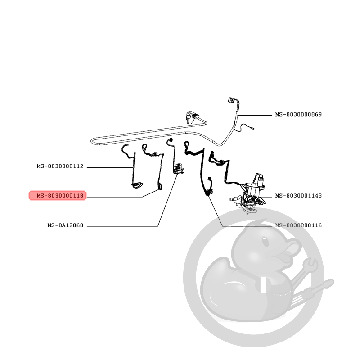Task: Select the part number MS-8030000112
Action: point(60,166)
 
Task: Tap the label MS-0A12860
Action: point(65,225)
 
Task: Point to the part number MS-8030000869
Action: point(298,114)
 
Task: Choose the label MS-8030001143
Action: point(298,196)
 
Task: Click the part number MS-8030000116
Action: point(298,225)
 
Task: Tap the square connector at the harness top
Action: point(230,100)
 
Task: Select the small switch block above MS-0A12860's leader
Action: point(178,169)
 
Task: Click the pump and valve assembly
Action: point(249,194)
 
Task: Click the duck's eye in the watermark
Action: point(265,242)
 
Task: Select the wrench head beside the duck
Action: point(310,265)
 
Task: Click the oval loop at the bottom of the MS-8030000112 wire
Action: point(137,185)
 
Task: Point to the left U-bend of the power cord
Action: point(92,141)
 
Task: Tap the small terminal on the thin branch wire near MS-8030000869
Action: point(253,129)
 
